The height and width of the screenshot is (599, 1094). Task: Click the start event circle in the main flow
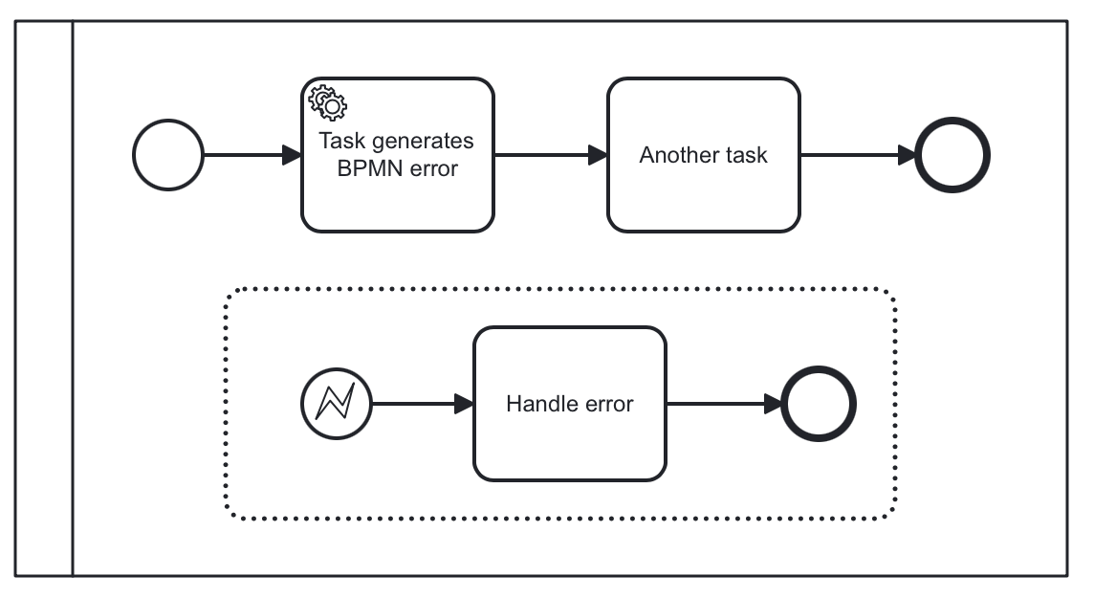coord(168,155)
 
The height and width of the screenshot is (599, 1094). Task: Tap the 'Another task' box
coord(703,191)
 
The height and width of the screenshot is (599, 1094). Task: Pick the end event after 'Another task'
coord(952,155)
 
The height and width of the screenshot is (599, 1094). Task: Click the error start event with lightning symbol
coord(336,403)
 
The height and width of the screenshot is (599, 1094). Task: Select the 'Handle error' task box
coord(569,440)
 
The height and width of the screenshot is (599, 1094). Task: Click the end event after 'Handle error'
coord(819,403)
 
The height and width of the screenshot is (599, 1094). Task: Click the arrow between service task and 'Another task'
coord(550,155)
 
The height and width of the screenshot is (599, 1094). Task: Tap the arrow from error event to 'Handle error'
coord(422,403)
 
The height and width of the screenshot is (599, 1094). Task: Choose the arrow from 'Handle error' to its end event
coord(723,403)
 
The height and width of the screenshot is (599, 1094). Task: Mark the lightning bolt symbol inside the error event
coord(336,403)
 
